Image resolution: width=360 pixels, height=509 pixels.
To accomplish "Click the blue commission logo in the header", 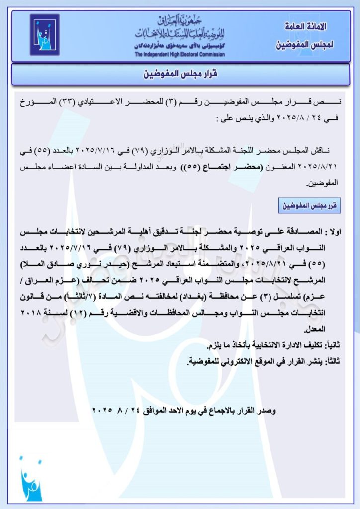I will click(45, 35).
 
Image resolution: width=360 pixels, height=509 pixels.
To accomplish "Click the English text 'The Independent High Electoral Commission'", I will click(180, 54).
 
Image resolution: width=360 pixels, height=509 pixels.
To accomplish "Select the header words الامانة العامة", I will click(305, 26).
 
